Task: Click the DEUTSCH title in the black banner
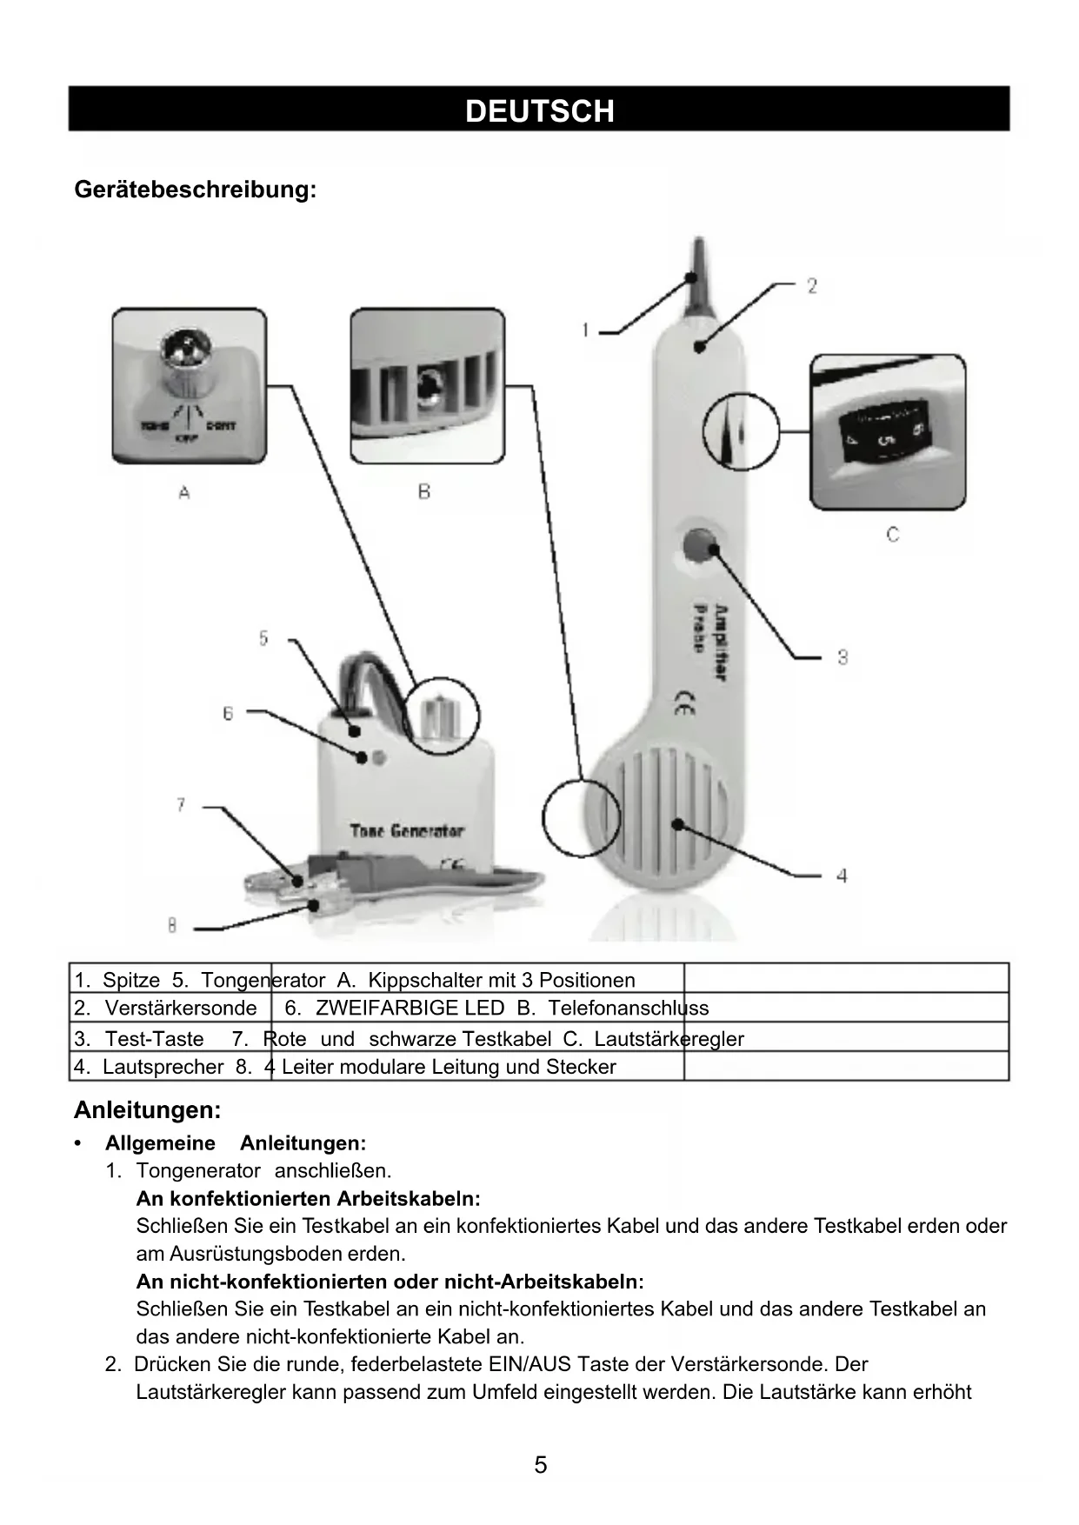coord(539,110)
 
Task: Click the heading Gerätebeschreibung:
coord(195,189)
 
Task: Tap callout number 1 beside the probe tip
coord(585,330)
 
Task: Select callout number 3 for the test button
coord(842,657)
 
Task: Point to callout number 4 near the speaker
coord(841,876)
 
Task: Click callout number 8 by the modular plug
coord(172,926)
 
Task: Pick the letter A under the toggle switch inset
coord(184,493)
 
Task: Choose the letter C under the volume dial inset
coord(892,535)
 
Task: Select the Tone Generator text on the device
coord(407,831)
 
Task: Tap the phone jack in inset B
coord(427,385)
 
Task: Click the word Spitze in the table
coord(131,981)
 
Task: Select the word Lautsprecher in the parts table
coord(163,1067)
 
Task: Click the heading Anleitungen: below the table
coord(148,1110)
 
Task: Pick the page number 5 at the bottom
coord(540,1465)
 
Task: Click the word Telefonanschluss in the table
coord(629,1009)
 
